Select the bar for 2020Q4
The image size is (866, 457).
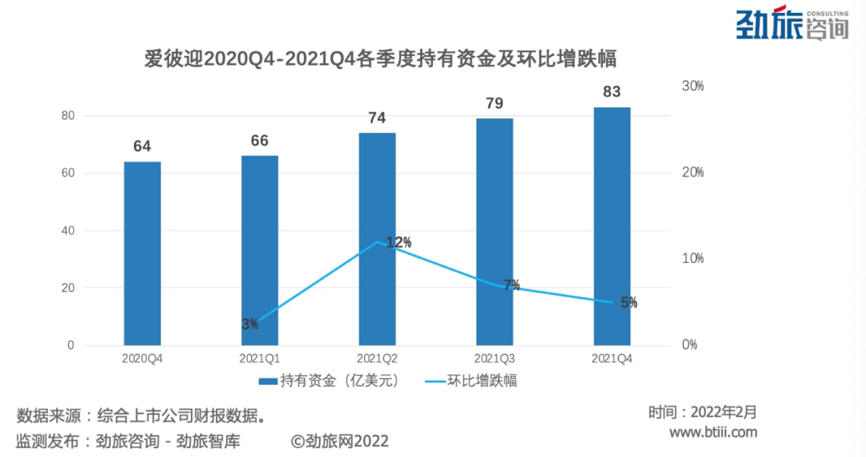[x=143, y=253]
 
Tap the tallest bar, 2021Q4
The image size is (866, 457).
[x=612, y=226]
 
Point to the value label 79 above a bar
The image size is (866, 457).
[x=495, y=103]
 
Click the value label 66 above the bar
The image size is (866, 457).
[x=260, y=140]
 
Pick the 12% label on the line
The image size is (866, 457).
[x=399, y=242]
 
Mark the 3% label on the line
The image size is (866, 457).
[x=250, y=324]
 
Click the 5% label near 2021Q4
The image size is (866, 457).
[x=629, y=302]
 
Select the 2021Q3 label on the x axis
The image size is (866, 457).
[x=495, y=359]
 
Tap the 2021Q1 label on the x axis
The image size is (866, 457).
[x=260, y=359]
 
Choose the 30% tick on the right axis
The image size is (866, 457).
[x=692, y=87]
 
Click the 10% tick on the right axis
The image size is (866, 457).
[x=692, y=259]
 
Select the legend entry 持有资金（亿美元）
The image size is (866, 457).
[x=329, y=380]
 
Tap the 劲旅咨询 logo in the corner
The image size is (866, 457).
[x=792, y=25]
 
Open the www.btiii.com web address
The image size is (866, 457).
[x=713, y=433]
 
